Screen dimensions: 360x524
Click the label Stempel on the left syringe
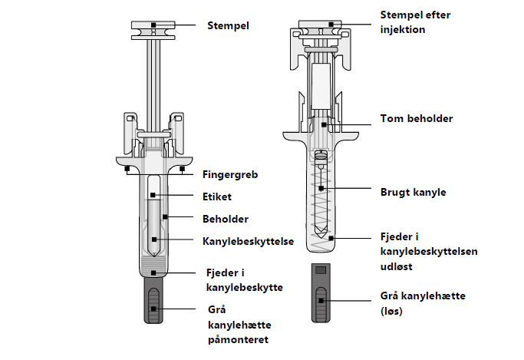click(229, 25)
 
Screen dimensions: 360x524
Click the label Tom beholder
click(417, 119)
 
